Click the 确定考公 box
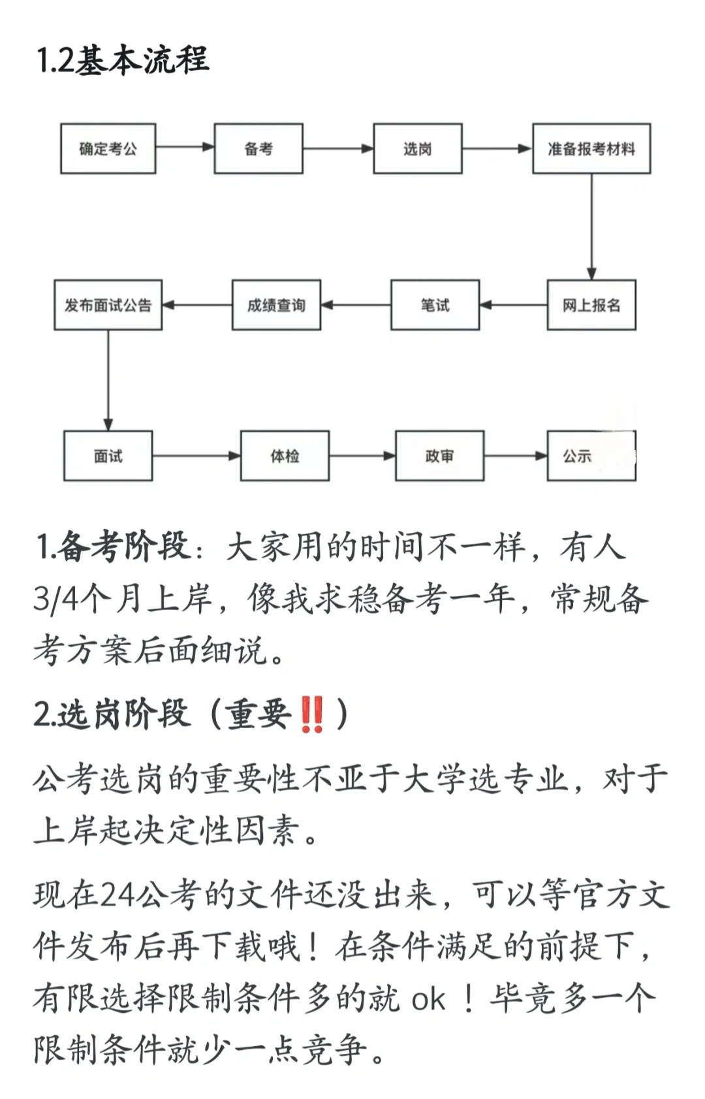tap(108, 149)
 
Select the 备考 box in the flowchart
tap(258, 149)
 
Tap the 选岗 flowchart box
tap(418, 149)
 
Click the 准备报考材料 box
tap(591, 149)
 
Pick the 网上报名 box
tap(591, 305)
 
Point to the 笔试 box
tap(435, 305)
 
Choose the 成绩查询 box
tap(276, 305)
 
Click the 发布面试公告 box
tap(108, 305)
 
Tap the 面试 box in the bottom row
tap(108, 456)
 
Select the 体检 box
tap(285, 456)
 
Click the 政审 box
tap(439, 456)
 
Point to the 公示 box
tap(591, 456)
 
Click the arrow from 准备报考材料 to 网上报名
tap(591, 227)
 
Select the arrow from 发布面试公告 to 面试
tap(108, 380)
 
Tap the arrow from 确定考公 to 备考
tap(185, 147)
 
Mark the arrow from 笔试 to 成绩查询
tap(356, 305)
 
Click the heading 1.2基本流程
tap(123, 60)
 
